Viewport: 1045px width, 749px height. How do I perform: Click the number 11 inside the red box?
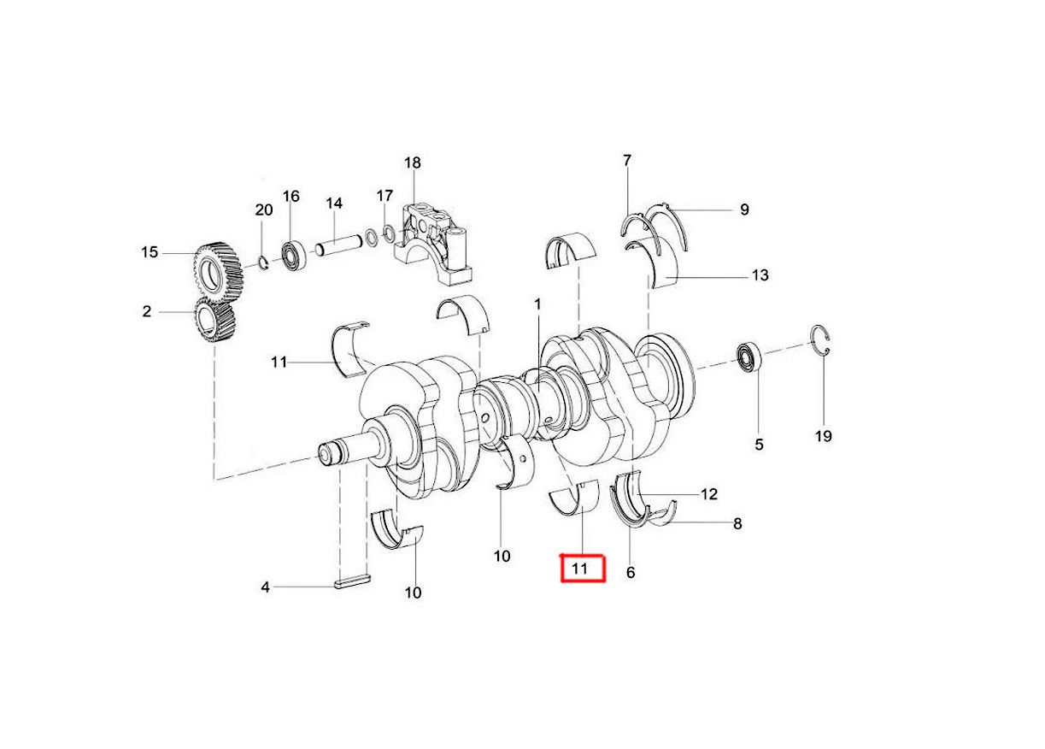[581, 569]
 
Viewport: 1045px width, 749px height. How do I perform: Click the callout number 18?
[413, 162]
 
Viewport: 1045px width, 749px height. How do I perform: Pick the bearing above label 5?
[750, 357]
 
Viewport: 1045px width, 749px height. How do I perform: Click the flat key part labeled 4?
[351, 585]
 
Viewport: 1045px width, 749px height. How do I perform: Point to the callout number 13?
[760, 275]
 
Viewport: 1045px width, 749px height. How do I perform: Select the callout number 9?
[744, 209]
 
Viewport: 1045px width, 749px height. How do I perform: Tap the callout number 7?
[627, 161]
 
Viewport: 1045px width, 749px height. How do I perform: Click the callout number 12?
[708, 494]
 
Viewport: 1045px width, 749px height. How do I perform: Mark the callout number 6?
[631, 573]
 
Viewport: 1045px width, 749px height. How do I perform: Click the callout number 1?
[538, 304]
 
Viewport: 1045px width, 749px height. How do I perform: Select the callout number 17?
[385, 196]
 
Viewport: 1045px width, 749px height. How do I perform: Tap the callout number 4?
[266, 587]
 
